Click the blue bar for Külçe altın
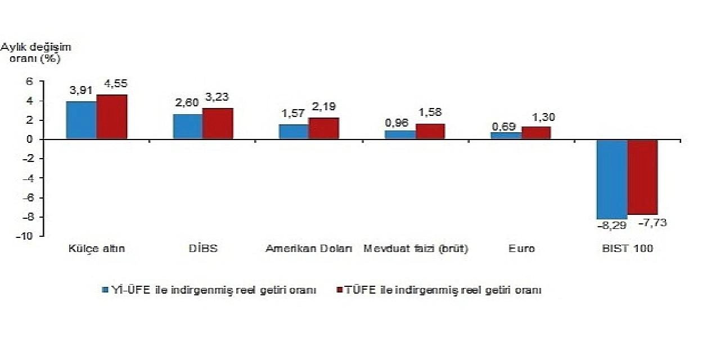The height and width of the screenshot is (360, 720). (81, 120)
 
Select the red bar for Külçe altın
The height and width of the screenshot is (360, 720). (112, 116)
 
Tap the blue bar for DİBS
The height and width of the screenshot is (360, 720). (187, 127)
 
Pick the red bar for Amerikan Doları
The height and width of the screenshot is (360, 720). (324, 128)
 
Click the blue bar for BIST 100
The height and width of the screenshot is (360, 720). (612, 179)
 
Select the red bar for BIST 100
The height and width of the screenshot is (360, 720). (642, 177)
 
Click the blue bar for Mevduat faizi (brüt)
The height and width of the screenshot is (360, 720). (400, 134)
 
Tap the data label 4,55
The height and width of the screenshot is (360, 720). (115, 84)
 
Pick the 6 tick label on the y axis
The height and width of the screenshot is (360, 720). (30, 82)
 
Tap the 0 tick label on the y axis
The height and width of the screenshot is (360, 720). (30, 139)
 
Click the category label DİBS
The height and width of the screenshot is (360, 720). (204, 248)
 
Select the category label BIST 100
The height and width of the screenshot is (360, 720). (627, 248)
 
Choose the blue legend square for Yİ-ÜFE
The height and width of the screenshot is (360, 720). (105, 290)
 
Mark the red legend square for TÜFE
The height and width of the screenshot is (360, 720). (339, 290)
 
